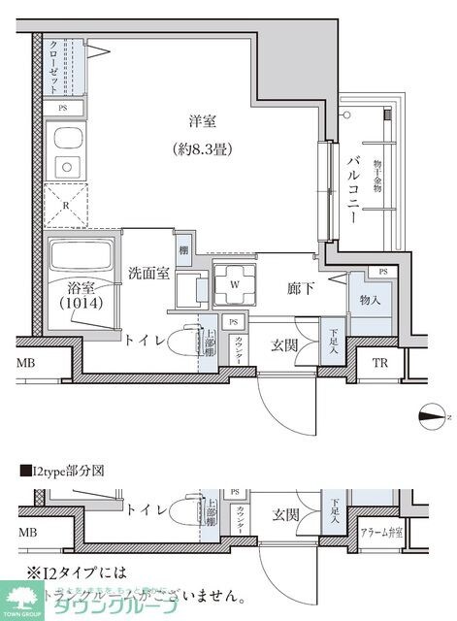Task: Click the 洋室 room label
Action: (203, 122)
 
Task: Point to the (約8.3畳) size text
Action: (203, 149)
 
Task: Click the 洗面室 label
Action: (149, 274)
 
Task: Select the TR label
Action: (380, 365)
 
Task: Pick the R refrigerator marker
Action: (65, 205)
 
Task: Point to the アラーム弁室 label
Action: (381, 533)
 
